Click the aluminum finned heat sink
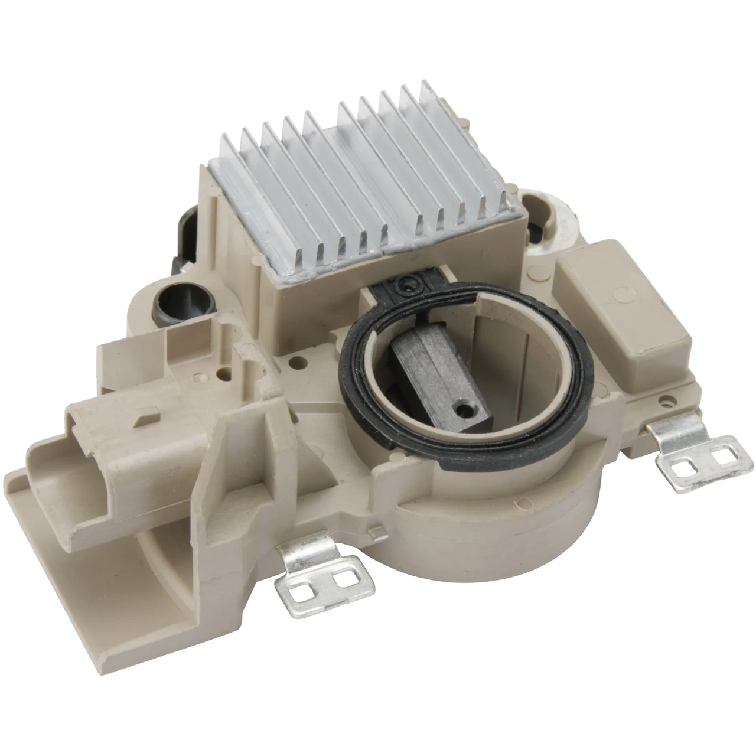pos(354,177)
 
